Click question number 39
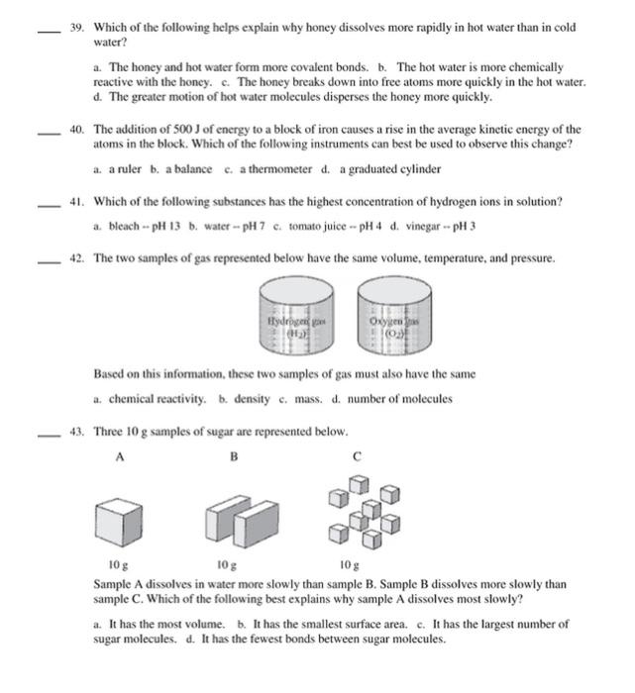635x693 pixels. pyautogui.click(x=75, y=27)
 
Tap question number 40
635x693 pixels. pyautogui.click(x=75, y=129)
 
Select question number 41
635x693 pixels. pyautogui.click(x=75, y=201)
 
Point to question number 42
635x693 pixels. pyautogui.click(x=75, y=258)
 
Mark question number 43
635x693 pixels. pyautogui.click(x=75, y=432)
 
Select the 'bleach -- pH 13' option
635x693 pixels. pyautogui.click(x=138, y=226)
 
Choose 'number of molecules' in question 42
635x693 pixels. pyautogui.click(x=400, y=399)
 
